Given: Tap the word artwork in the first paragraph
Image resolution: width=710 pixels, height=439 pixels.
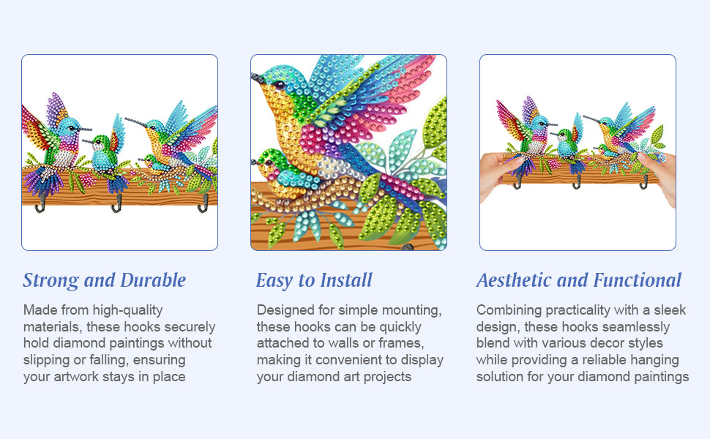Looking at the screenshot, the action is click(x=76, y=377).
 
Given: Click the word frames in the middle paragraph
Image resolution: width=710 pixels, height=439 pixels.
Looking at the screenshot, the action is click(x=400, y=343).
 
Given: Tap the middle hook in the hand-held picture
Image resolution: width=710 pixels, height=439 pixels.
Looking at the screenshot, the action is click(x=577, y=182).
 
